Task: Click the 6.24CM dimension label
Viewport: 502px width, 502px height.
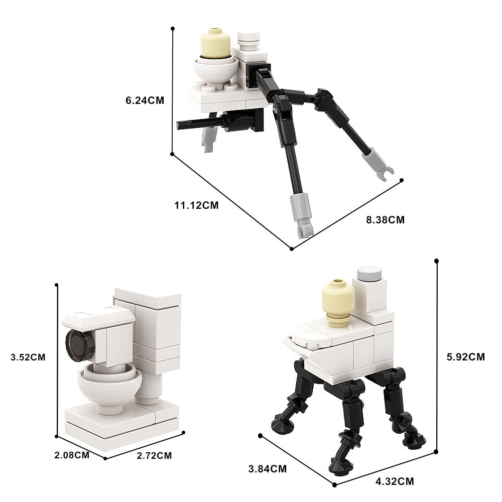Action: (x=145, y=100)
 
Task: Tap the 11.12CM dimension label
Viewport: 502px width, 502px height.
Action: (x=196, y=205)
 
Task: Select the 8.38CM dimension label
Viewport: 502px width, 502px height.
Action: (x=386, y=219)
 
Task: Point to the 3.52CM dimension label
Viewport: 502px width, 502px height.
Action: (x=28, y=357)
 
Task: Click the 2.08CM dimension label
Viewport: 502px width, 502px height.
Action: (x=72, y=455)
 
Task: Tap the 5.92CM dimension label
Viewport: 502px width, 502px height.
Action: (x=466, y=357)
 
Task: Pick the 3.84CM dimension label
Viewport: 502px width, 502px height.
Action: (x=268, y=469)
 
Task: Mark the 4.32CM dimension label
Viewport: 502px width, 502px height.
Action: (x=395, y=481)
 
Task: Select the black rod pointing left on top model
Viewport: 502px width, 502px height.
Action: (x=197, y=122)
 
